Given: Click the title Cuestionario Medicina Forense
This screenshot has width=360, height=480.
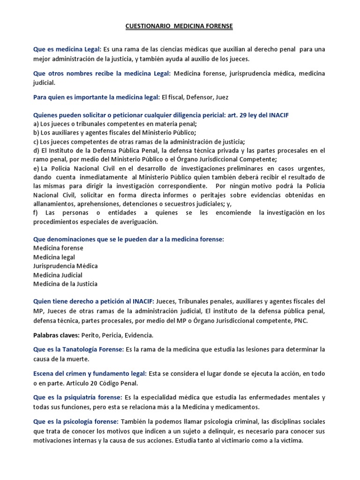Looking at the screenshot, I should pos(180,27).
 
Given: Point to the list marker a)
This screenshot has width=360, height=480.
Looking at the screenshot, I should pos(36,124).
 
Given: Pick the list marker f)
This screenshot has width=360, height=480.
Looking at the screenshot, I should pos(36,213).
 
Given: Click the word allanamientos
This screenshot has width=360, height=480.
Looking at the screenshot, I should pos(54,204).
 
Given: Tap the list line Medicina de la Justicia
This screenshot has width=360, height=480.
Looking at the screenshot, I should pos(65,284).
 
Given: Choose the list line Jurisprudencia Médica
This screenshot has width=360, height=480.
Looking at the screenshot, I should pos(65,266).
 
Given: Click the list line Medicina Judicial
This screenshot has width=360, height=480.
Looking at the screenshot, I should pos(58,275).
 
